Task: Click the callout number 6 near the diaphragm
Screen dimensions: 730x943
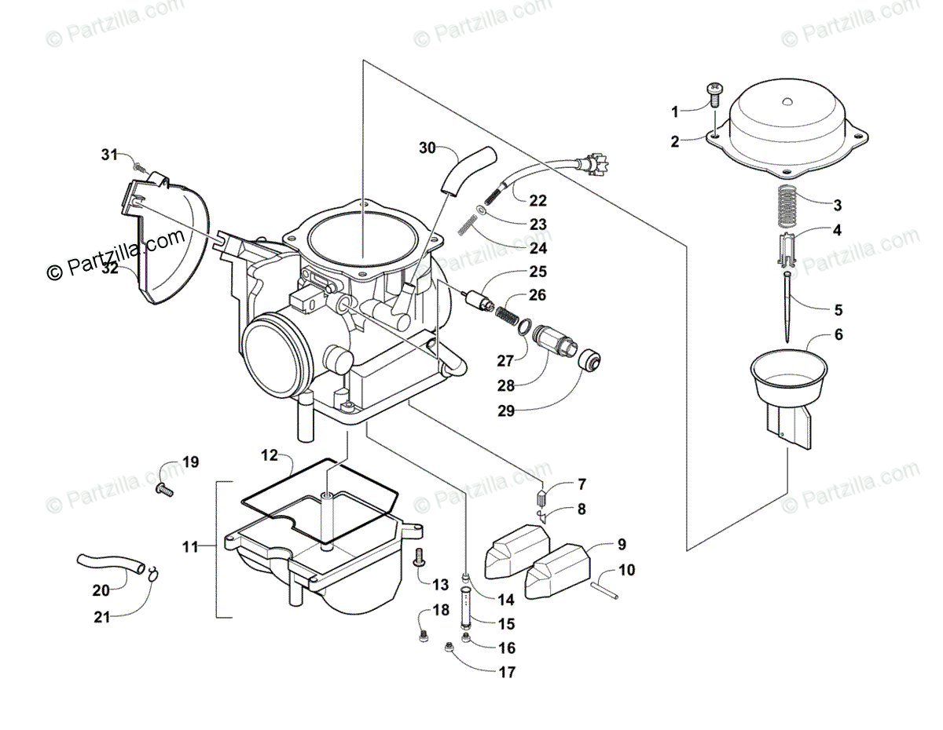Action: pos(816,334)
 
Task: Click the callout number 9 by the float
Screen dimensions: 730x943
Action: pos(621,543)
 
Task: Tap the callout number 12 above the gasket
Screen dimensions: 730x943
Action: pos(270,454)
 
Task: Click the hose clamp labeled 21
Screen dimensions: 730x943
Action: pos(152,572)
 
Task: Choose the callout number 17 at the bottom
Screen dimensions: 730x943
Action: pos(507,672)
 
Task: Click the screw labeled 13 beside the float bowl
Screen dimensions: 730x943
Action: pos(419,557)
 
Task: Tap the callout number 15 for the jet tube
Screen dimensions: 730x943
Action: pos(506,624)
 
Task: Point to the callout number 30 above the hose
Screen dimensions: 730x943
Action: pos(427,147)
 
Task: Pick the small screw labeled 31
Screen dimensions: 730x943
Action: pos(139,166)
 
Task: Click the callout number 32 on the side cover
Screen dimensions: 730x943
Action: pos(110,268)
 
